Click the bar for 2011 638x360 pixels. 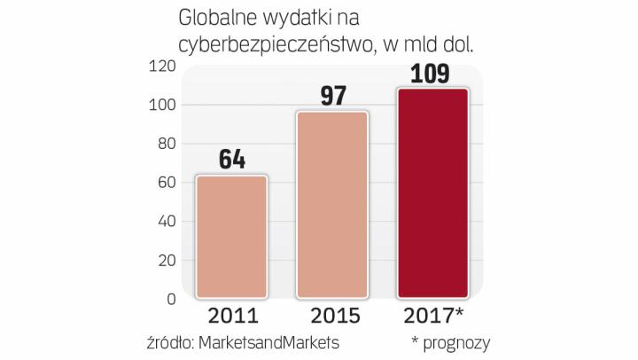click(x=231, y=237)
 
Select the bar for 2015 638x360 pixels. click(x=331, y=205)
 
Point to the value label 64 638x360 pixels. click(x=231, y=160)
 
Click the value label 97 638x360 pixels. click(x=332, y=97)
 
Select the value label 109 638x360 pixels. click(x=432, y=73)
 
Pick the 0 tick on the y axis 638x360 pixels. click(x=170, y=299)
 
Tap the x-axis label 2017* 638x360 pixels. click(x=435, y=316)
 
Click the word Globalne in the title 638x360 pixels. click(x=216, y=18)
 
